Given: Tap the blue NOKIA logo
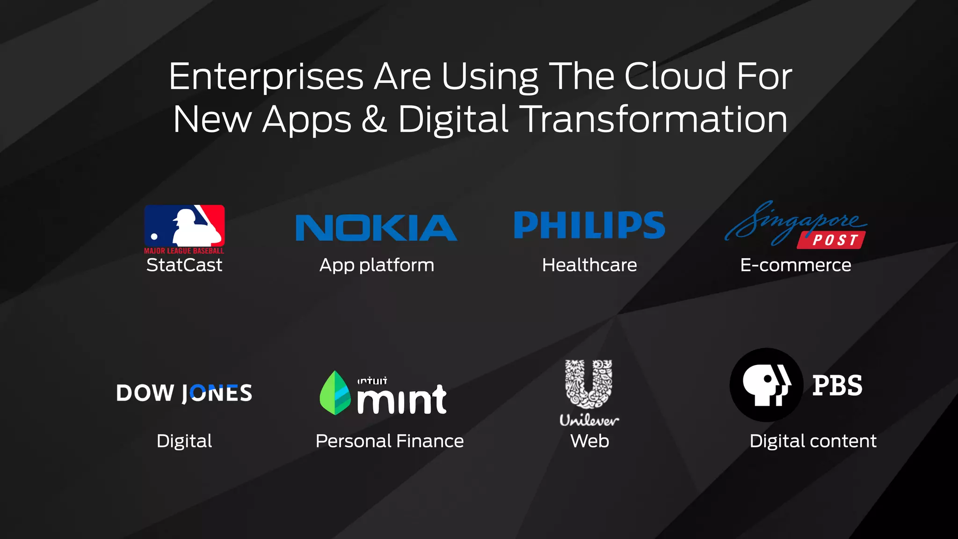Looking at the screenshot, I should pos(376,228).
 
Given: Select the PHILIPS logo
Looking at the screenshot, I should pos(589,225).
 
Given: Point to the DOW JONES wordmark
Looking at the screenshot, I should pos(184,393).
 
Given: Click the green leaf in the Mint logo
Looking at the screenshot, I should pos(335,393).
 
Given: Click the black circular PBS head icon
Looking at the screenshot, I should pos(766,385).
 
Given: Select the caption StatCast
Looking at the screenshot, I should pos(184,265).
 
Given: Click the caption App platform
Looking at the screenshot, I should pos(377,265).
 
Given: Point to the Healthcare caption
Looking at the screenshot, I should pos(589,265).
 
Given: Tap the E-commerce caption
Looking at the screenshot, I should pos(795,265).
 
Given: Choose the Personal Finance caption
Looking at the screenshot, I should pos(390,441).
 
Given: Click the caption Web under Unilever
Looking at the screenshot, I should pos(589,441).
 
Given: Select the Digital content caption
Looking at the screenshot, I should pos(813,441).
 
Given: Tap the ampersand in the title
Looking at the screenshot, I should pos(374,119).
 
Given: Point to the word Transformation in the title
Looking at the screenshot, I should pos(653,119).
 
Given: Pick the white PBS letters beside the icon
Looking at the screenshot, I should pos(837,386).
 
